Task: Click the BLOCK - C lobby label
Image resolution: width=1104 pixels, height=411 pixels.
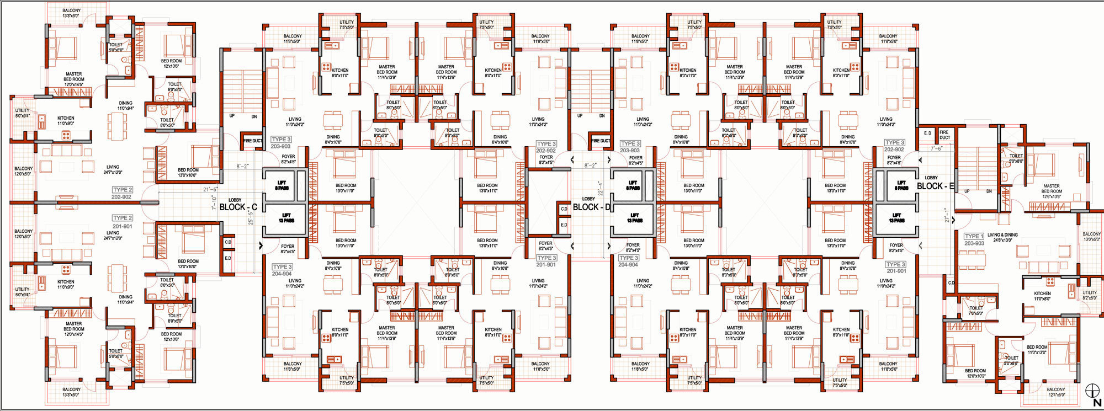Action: click(238, 207)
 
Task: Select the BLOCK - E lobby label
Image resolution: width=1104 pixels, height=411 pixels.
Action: click(935, 186)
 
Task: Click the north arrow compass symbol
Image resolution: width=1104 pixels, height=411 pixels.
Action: click(1092, 393)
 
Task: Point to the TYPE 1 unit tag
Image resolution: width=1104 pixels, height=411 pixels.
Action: click(974, 236)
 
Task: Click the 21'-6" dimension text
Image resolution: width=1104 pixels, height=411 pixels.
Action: click(210, 189)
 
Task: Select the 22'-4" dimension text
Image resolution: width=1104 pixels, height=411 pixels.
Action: click(599, 188)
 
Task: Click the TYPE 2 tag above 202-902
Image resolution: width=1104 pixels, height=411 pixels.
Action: click(122, 190)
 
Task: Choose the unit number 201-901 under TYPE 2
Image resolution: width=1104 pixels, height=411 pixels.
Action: click(122, 226)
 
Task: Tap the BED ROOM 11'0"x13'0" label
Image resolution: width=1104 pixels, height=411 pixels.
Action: click(1037, 350)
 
